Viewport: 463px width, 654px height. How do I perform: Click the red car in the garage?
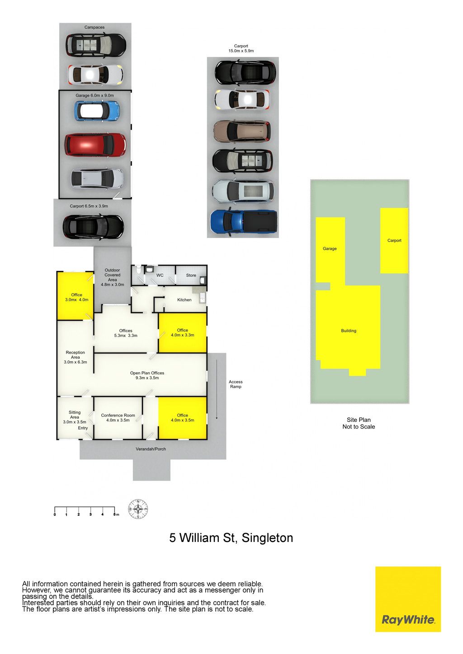[95, 145]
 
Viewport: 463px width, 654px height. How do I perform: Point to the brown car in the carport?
[242, 131]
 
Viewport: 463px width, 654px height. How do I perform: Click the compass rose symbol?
[138, 509]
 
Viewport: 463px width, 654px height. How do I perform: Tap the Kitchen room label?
[184, 299]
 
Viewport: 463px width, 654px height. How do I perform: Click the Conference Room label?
[118, 415]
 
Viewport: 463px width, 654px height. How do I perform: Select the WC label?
[160, 275]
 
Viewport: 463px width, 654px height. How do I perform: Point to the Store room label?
[191, 275]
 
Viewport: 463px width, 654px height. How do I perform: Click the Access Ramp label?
[236, 384]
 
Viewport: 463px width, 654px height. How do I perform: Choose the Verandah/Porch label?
[151, 449]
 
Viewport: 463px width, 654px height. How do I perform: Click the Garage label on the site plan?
[330, 248]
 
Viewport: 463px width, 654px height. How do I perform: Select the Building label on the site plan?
[349, 331]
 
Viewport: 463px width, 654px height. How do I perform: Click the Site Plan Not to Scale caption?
[359, 423]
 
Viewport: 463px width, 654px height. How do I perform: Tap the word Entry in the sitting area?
[83, 428]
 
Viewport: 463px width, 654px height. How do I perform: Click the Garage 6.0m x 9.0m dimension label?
[94, 95]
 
